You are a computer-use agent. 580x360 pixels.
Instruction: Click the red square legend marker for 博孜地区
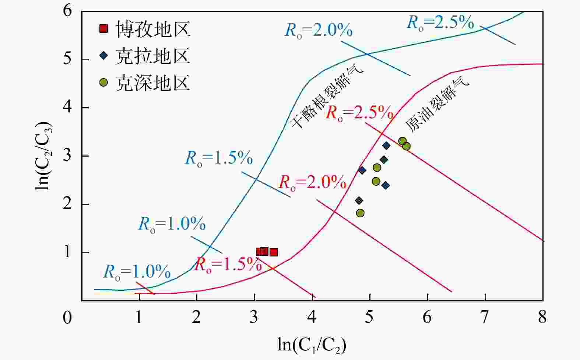click(x=104, y=29)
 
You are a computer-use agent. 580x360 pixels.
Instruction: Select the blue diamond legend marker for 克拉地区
click(x=104, y=56)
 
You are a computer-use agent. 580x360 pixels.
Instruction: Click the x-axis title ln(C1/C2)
click(x=312, y=345)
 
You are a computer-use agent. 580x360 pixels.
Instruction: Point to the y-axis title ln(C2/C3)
click(x=44, y=155)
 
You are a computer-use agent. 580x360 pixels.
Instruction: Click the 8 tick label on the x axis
click(x=542, y=317)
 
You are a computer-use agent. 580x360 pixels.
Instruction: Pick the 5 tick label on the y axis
click(x=67, y=59)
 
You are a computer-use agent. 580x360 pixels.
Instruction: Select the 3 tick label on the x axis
click(x=254, y=317)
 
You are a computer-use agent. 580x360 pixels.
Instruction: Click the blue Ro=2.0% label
click(x=319, y=30)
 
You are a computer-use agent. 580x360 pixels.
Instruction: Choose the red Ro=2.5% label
click(x=359, y=112)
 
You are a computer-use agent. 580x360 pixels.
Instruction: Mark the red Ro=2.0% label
click(x=312, y=182)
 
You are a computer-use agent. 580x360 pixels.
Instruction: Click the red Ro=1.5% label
click(x=228, y=264)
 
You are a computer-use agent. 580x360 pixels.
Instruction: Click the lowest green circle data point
click(x=360, y=213)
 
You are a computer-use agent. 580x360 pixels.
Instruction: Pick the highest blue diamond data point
click(x=386, y=146)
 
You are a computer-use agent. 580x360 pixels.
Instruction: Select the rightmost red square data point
click(x=274, y=252)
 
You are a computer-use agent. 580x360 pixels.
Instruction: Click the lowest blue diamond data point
click(x=359, y=200)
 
